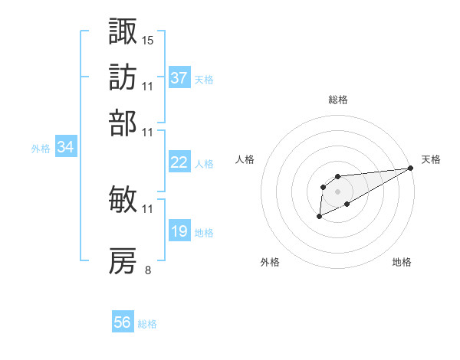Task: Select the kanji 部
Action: pyautogui.click(x=123, y=123)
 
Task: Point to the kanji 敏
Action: pyautogui.click(x=123, y=199)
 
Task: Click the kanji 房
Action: pyautogui.click(x=123, y=261)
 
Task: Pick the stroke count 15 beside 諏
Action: pyautogui.click(x=148, y=40)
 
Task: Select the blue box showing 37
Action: pyautogui.click(x=179, y=77)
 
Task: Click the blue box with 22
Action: pyautogui.click(x=179, y=162)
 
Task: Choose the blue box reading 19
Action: pyautogui.click(x=179, y=231)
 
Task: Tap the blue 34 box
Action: pyautogui.click(x=65, y=147)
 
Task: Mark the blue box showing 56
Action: pyautogui.click(x=123, y=322)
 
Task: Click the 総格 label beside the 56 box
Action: pyautogui.click(x=147, y=324)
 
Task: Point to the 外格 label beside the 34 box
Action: pyautogui.click(x=40, y=149)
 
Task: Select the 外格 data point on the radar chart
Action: pyautogui.click(x=319, y=218)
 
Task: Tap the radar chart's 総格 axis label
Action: pyautogui.click(x=338, y=100)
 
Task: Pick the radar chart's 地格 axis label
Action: pyautogui.click(x=402, y=263)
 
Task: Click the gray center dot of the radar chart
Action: pyautogui.click(x=338, y=191)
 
